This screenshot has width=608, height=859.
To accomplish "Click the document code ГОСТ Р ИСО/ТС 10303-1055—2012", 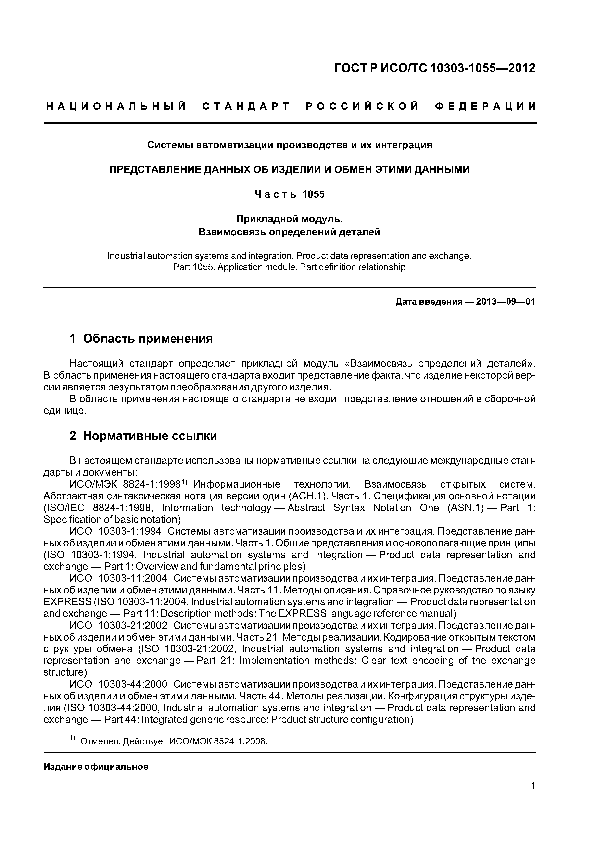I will click(435, 68).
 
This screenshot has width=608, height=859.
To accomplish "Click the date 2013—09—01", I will click(505, 301).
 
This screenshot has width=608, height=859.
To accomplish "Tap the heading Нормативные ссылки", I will click(150, 436).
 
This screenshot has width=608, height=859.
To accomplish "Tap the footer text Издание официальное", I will click(96, 767).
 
